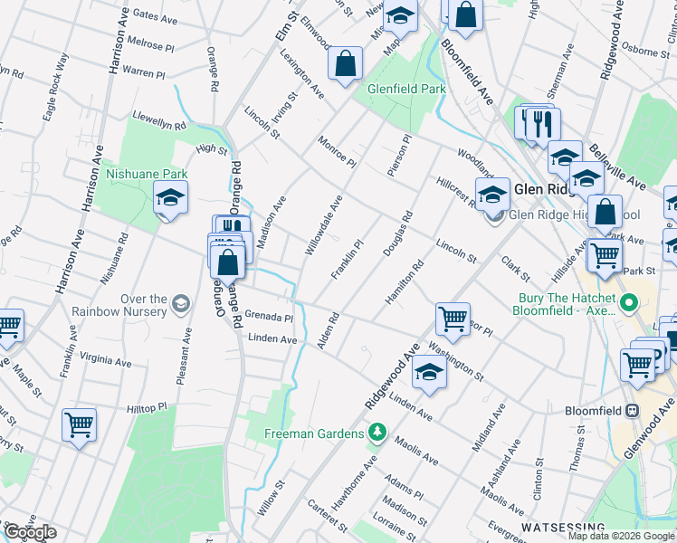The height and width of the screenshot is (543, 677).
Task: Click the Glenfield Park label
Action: click(x=406, y=90)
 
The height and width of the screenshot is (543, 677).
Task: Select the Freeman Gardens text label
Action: click(x=314, y=433)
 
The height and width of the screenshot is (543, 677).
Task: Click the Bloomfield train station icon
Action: click(x=632, y=410)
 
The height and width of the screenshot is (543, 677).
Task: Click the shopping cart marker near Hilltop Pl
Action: click(x=79, y=424)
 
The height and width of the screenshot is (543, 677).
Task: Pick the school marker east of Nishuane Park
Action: click(x=170, y=198)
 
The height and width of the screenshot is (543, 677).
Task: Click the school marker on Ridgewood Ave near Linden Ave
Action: click(x=429, y=371)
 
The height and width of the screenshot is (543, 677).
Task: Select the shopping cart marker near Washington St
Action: click(x=453, y=318)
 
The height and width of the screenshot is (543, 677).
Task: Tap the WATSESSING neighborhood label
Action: click(x=562, y=527)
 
